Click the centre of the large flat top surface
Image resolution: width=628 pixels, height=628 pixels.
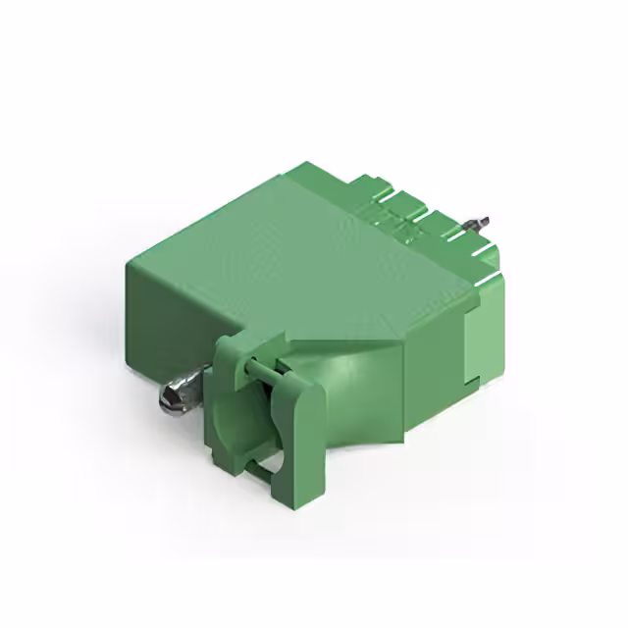(x=304, y=255)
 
